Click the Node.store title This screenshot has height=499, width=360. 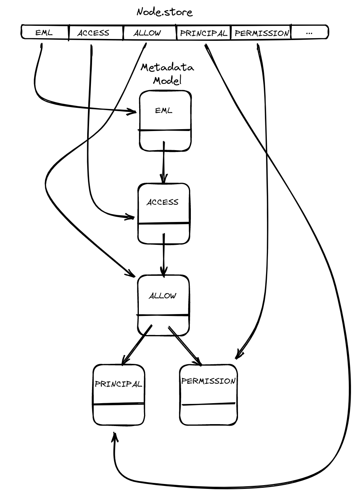164,12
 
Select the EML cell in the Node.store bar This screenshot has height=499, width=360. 44,33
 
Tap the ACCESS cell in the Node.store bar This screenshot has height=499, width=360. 93,33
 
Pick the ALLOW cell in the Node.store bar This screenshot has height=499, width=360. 147,33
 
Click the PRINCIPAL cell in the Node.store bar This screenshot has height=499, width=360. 204,33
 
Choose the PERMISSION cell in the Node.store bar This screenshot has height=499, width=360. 262,33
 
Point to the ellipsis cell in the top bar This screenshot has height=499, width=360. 309,33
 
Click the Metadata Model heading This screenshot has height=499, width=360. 167,74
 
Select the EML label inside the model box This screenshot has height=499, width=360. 164,111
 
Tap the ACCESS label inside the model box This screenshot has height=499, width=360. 162,202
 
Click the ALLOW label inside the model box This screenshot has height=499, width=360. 162,296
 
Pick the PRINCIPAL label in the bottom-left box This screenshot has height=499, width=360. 118,384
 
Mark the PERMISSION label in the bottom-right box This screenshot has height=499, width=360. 208,381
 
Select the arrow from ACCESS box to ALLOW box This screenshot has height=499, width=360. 163,255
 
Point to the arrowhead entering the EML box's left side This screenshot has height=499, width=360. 132,112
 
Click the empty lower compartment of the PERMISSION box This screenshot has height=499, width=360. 208,415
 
